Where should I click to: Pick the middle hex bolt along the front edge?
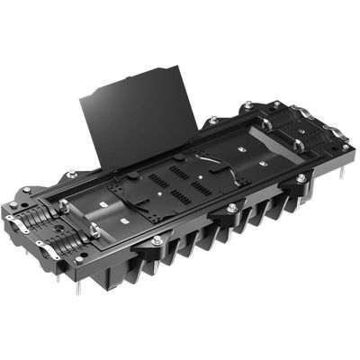pos(231,208)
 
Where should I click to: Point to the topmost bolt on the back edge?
pos(248,105)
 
